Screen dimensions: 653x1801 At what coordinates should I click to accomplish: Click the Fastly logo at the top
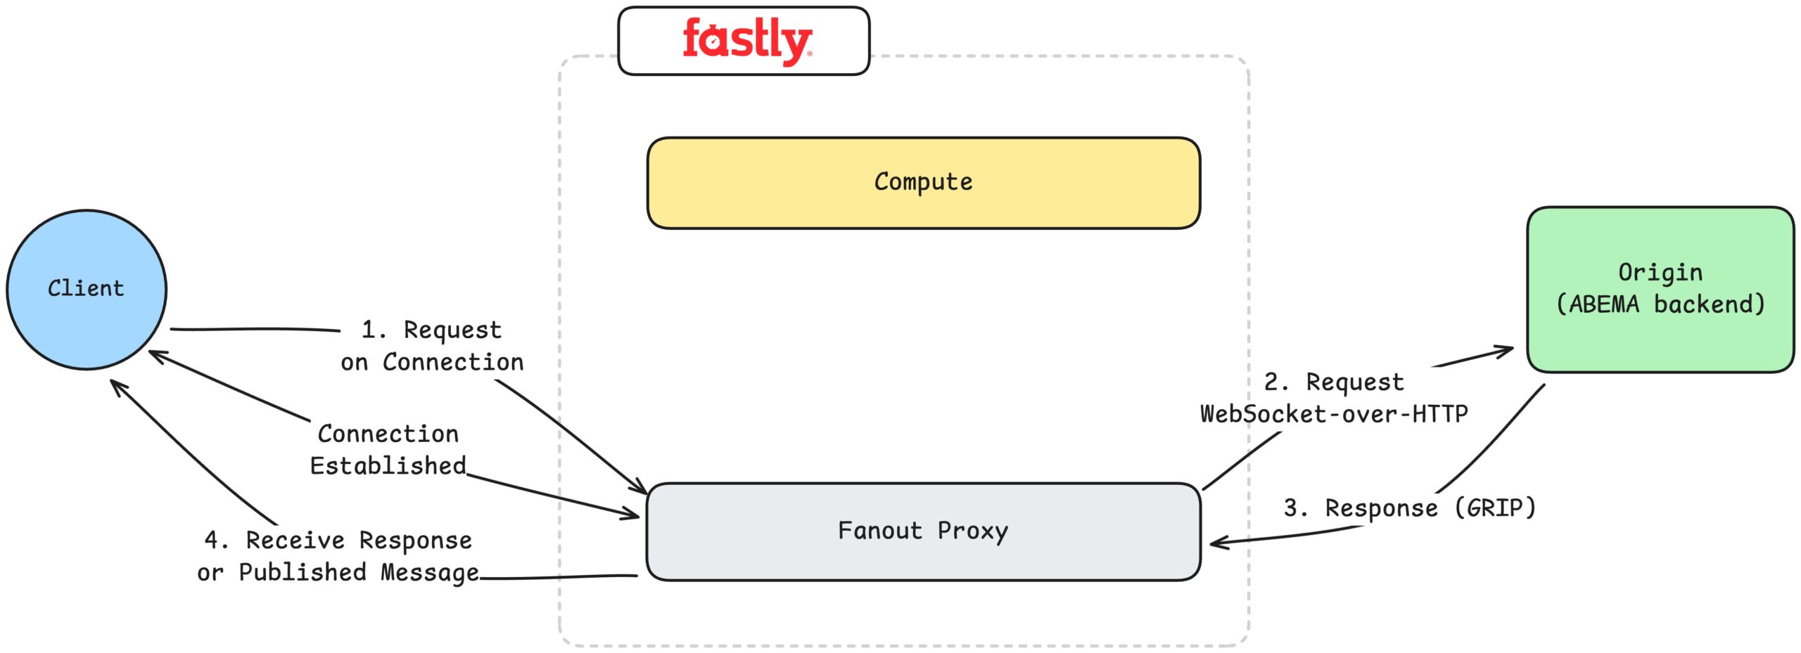pos(746,41)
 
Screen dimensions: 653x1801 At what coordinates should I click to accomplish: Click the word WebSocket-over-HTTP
pos(1333,413)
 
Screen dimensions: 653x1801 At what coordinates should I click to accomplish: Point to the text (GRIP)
pos(1495,507)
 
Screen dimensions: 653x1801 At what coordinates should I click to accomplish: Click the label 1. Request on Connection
pos(432,345)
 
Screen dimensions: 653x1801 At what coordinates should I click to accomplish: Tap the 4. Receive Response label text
pos(338,540)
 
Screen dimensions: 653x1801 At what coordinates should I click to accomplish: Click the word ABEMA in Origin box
pos(1603,304)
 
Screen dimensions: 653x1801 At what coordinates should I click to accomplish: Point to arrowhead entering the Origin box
pos(1509,349)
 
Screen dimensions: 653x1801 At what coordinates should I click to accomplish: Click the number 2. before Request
pos(1276,382)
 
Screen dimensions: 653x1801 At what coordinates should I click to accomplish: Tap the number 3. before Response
pos(1295,507)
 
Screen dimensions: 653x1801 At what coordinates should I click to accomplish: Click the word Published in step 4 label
pos(303,572)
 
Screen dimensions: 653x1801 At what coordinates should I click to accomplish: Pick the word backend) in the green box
pos(1709,304)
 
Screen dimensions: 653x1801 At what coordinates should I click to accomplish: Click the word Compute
pos(922,182)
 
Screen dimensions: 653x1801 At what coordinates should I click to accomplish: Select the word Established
pos(388,465)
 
